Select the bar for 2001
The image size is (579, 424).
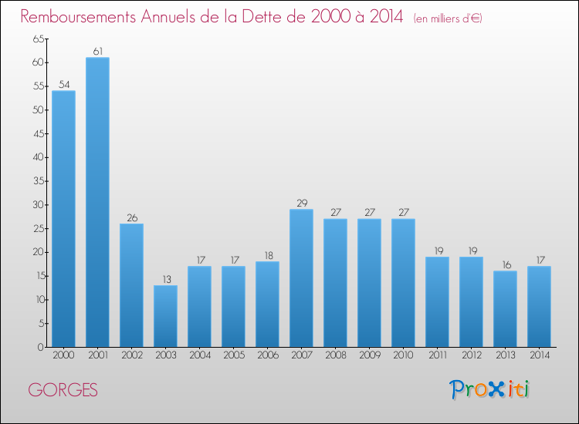click(x=97, y=202)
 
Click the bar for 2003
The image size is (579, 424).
click(x=165, y=316)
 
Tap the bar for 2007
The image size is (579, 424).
click(x=301, y=278)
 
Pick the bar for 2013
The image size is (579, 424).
click(x=505, y=309)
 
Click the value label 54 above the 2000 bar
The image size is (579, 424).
click(x=64, y=85)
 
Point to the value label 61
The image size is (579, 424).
click(x=97, y=51)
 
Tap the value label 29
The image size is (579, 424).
click(x=302, y=204)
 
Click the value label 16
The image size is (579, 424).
click(x=506, y=265)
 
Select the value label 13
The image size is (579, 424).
click(x=167, y=280)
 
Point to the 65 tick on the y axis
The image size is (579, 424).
click(x=39, y=39)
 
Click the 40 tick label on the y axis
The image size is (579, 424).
click(x=39, y=157)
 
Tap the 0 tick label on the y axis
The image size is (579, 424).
click(x=41, y=348)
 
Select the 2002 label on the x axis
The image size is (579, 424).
click(x=132, y=355)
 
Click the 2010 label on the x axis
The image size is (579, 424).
click(x=403, y=355)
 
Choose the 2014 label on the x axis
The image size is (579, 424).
click(x=540, y=355)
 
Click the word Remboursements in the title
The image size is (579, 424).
click(x=78, y=17)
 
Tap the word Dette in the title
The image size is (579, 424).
click(x=266, y=17)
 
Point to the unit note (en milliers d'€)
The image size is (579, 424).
click(x=448, y=19)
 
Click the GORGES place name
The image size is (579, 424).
click(x=63, y=390)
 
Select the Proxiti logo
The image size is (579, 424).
click(x=489, y=389)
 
